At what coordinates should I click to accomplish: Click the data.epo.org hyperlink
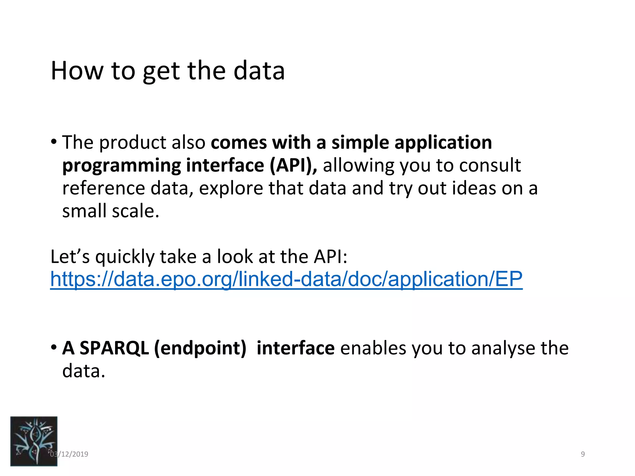[286, 279]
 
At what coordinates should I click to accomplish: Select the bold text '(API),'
[293, 165]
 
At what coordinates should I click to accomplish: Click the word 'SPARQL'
[114, 348]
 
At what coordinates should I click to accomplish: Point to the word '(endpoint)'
[200, 348]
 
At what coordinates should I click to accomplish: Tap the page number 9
[583, 454]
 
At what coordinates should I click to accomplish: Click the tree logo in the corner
[34, 441]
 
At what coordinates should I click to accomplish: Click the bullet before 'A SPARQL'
[54, 346]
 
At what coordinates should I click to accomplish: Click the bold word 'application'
[443, 143]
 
